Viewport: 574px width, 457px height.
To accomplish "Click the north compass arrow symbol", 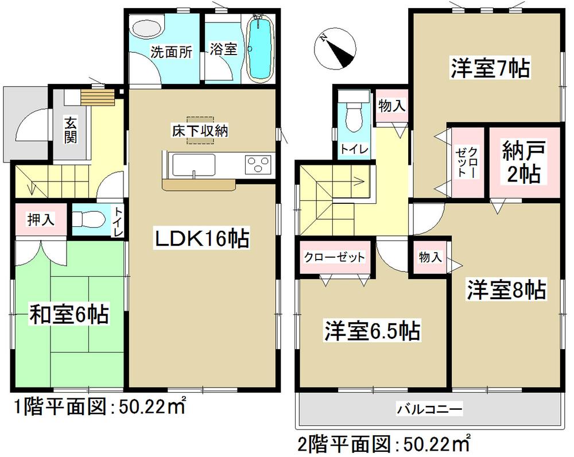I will (337, 48).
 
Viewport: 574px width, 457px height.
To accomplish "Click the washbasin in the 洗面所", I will (147, 27).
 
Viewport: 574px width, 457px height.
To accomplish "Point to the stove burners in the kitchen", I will (257, 165).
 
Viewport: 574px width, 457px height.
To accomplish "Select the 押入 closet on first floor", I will (41, 219).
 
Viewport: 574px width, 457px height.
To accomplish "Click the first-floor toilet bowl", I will (89, 219).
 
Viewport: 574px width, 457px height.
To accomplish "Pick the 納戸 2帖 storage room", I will (522, 162).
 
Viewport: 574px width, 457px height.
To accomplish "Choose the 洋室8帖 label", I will (505, 290).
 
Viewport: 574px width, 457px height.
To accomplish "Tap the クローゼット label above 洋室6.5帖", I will (334, 257).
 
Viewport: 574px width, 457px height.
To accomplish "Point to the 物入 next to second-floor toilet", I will (392, 106).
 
